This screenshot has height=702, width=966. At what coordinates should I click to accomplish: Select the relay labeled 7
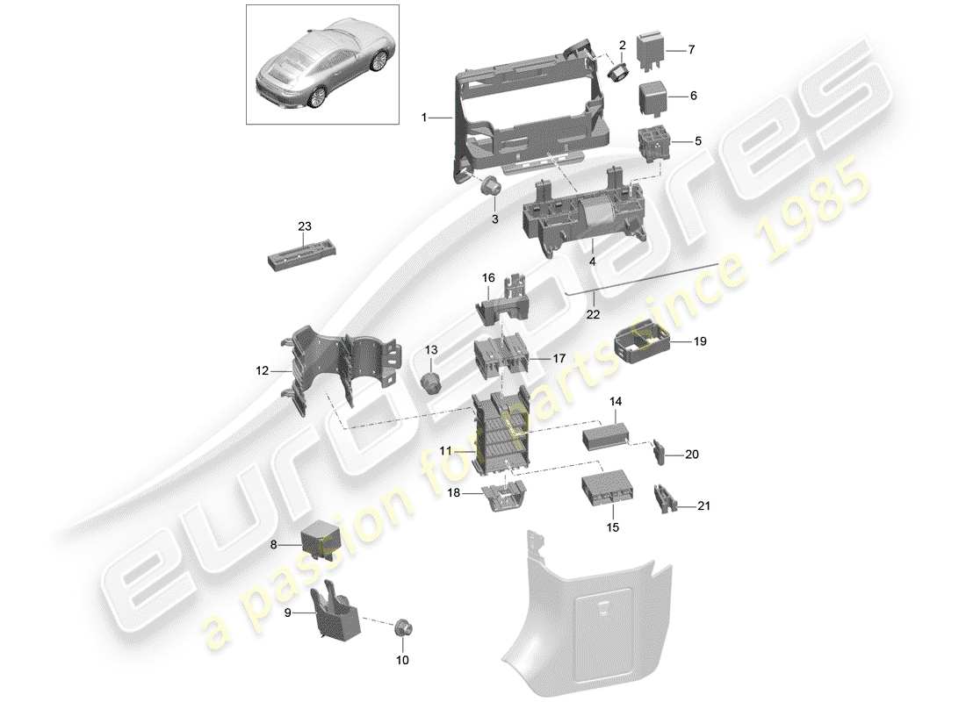(650, 49)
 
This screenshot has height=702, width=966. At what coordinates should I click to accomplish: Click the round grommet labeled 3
(493, 185)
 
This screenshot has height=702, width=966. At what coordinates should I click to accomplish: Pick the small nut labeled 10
(406, 627)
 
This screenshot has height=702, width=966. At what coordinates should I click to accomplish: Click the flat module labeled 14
(606, 434)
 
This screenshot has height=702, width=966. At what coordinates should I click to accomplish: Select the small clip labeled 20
(660, 454)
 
